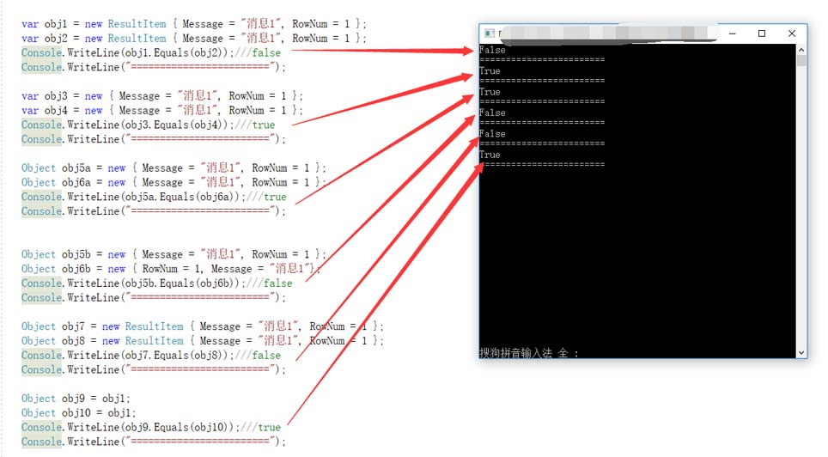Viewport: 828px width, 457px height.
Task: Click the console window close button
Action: (792, 34)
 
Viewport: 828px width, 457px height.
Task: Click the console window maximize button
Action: (762, 34)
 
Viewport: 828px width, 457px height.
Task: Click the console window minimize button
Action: (732, 34)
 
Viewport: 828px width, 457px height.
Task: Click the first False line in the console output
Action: (492, 51)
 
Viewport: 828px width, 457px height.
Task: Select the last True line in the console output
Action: (490, 155)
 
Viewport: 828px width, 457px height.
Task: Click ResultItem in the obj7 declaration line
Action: (154, 326)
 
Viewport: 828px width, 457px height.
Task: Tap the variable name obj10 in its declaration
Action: (76, 412)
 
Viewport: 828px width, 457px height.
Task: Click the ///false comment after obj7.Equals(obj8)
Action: (260, 355)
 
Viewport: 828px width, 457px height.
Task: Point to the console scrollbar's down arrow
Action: (801, 352)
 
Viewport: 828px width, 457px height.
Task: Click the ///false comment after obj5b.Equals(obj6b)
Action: (272, 283)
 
